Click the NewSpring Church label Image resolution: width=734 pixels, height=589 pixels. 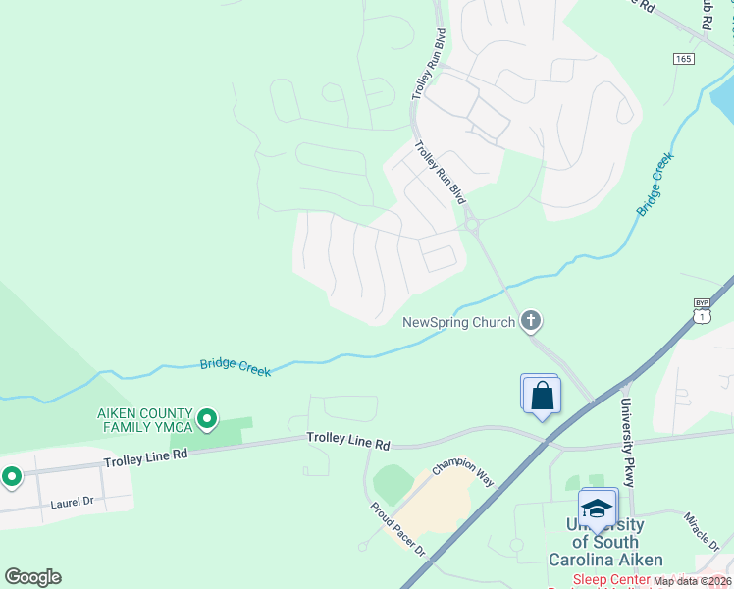coord(458,322)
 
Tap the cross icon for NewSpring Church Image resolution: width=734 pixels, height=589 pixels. coord(531,320)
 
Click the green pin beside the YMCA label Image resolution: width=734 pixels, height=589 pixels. coord(207,420)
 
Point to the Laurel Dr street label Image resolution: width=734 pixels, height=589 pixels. coord(74,502)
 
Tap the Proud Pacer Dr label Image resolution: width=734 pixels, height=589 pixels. coord(396,529)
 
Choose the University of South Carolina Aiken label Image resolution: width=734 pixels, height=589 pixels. coord(604,542)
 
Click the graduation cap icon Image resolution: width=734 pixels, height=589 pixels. coord(597,509)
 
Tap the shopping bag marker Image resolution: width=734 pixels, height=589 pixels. coord(542,397)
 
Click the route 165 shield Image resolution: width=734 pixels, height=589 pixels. coord(684,59)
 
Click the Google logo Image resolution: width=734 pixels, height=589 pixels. coord(32,576)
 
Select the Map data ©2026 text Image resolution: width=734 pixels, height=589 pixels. coord(692,581)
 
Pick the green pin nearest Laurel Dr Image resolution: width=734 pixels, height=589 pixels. coord(12,477)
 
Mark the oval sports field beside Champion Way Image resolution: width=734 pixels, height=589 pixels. coord(393,485)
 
